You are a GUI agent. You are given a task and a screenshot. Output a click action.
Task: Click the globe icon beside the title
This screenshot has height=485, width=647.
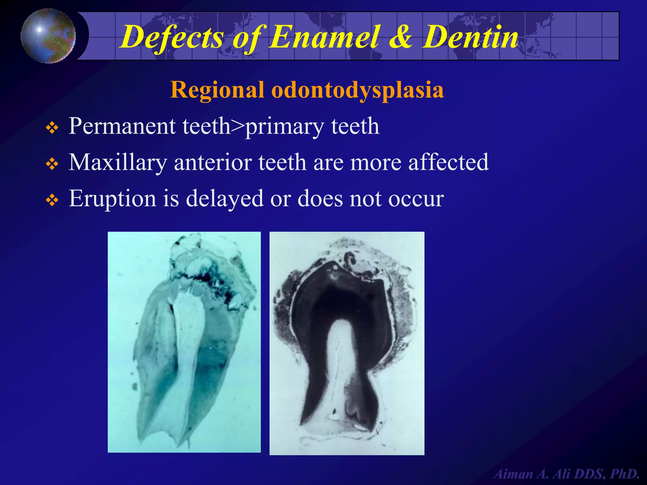tap(48, 36)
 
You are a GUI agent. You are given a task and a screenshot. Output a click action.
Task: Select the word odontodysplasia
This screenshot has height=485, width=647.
tap(357, 90)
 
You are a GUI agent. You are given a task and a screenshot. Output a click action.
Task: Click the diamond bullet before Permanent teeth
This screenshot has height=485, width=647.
tap(52, 128)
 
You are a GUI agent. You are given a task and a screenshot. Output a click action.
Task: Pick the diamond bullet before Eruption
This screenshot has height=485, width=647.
tap(52, 200)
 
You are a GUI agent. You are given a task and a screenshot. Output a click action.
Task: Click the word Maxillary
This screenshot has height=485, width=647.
tap(118, 162)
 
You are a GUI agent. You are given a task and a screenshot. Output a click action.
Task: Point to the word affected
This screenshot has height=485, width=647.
tap(449, 162)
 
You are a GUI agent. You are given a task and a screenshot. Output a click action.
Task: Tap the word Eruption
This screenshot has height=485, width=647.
tap(112, 199)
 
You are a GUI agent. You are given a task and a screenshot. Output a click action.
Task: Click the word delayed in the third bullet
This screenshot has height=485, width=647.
tap(225, 199)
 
